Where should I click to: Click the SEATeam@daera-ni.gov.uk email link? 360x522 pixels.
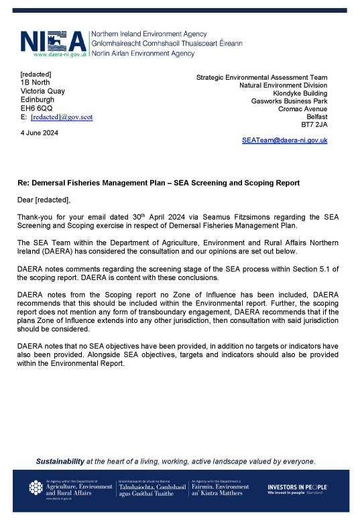tap(284, 141)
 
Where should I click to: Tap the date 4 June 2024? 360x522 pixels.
tap(40, 133)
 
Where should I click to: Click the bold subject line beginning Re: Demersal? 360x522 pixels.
tap(158, 183)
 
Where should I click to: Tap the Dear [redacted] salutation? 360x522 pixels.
tap(44, 200)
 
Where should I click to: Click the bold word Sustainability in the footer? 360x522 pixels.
tap(60, 461)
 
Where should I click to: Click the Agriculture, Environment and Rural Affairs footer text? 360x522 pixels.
tap(79, 489)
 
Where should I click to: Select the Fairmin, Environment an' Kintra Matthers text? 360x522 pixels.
tap(220, 489)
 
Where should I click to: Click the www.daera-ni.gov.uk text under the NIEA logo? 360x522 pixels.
tap(60, 54)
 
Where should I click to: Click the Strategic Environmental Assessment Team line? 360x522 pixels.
tap(261, 77)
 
